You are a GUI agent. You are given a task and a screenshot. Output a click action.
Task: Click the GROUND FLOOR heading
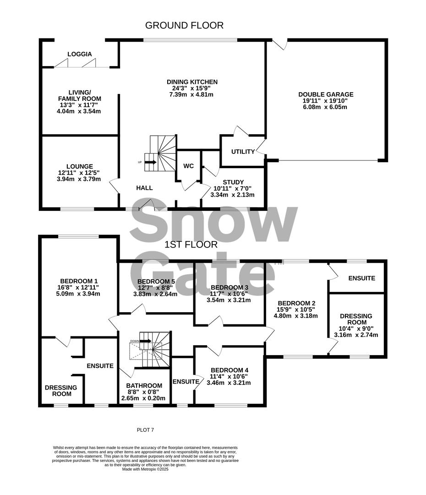[x=185, y=25]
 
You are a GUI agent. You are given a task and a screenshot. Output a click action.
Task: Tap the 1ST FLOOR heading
[x=191, y=245]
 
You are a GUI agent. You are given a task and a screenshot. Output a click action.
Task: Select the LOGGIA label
[x=80, y=54]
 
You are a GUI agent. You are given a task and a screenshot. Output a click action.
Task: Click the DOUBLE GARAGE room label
[x=326, y=95]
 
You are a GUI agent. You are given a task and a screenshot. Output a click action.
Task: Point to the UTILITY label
[x=243, y=152]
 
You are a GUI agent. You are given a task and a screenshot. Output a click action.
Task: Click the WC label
[x=189, y=165]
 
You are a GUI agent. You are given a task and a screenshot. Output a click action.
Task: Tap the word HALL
[x=144, y=187]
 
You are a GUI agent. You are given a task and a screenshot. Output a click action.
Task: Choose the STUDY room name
[x=234, y=182]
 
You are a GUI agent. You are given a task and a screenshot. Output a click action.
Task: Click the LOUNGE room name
[x=79, y=166]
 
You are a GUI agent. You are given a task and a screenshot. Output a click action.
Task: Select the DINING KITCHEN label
[x=192, y=82]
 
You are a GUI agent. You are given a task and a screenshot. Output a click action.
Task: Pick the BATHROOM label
[x=144, y=385]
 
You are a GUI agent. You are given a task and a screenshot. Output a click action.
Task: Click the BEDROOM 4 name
[x=229, y=370]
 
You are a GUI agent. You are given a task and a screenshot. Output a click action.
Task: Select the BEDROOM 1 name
[x=79, y=281]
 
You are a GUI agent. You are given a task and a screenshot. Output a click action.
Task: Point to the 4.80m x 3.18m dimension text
[x=296, y=316]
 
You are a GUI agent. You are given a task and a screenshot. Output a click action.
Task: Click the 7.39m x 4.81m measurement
[x=192, y=95]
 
